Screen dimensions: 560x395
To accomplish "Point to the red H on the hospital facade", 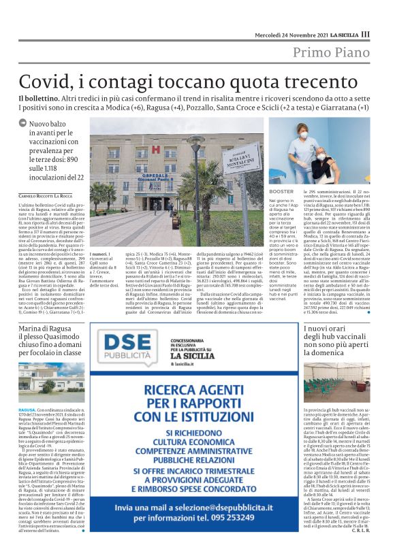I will (155, 148).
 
